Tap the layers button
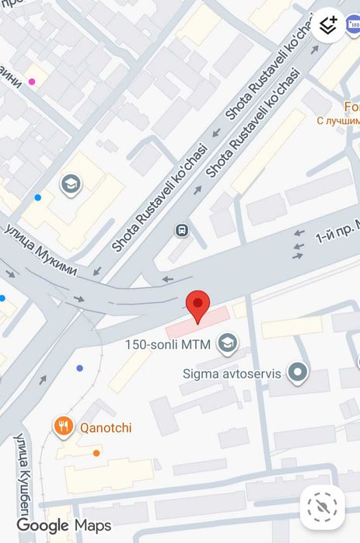(328, 25)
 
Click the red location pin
(198, 305)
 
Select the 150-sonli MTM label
(167, 344)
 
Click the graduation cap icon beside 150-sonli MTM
(228, 343)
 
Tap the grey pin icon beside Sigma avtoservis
(297, 373)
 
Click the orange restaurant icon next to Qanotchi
(64, 426)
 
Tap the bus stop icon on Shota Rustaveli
(181, 230)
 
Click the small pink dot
(32, 82)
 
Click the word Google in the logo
(43, 526)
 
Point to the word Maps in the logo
(93, 526)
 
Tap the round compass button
(322, 507)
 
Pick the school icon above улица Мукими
(71, 184)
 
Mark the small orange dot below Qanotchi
(96, 453)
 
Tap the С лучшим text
(339, 121)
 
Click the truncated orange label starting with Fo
(351, 107)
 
